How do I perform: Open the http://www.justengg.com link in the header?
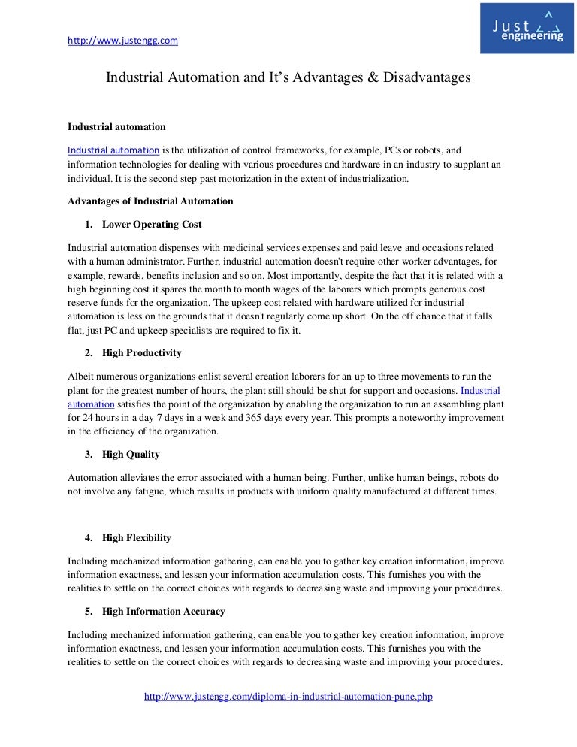[122, 41]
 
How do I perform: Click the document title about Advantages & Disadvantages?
[288, 77]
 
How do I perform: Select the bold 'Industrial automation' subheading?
[116, 126]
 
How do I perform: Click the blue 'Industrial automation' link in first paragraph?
[113, 149]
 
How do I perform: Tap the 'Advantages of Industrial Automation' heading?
[150, 201]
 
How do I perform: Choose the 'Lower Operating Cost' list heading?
[152, 225]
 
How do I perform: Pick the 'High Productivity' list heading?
[141, 352]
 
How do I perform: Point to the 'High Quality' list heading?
[131, 454]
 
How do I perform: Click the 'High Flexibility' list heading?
[137, 537]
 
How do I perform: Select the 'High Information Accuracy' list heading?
[163, 611]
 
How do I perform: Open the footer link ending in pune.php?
[288, 697]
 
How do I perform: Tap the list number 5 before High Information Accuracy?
[88, 611]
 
